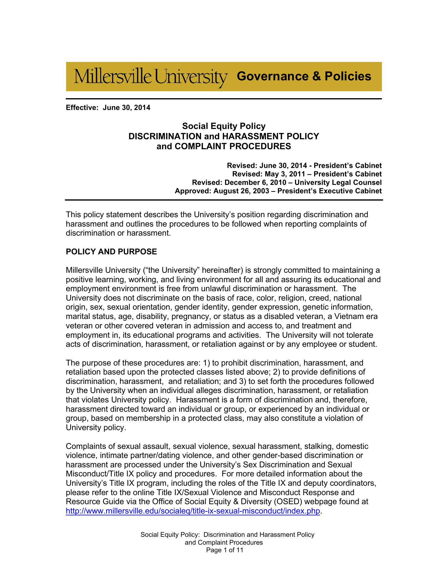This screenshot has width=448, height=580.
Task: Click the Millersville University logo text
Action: [x=150, y=77]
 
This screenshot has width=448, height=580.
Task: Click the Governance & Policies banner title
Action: [x=304, y=76]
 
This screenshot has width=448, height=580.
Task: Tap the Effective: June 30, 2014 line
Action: [x=108, y=108]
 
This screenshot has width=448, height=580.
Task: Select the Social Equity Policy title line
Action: [x=223, y=126]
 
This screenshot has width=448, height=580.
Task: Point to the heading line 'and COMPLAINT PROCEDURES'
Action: [x=223, y=147]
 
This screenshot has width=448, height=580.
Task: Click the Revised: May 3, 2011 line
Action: [x=307, y=174]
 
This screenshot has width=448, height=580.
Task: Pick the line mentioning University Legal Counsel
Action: [x=287, y=182]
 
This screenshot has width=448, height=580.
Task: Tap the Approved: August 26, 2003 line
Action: [x=278, y=191]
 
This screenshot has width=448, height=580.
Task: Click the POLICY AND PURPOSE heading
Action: [x=111, y=252]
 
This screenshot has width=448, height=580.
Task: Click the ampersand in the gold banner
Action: [x=317, y=76]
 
